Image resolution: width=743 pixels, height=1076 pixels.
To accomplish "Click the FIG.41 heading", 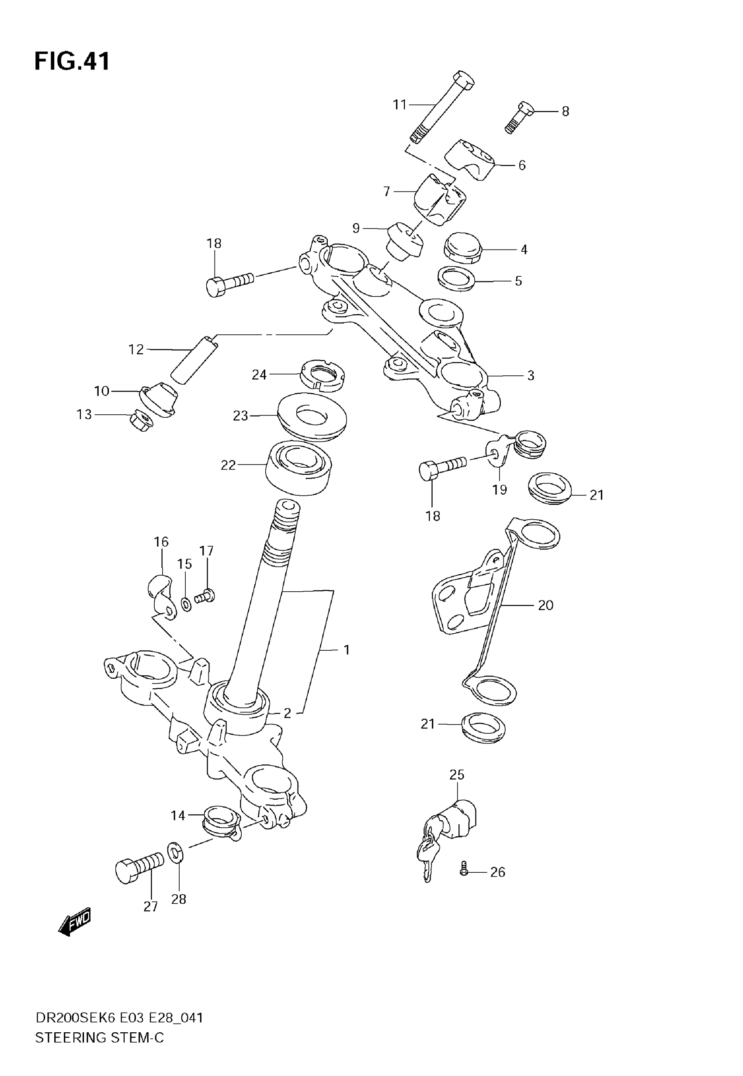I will click(x=72, y=62).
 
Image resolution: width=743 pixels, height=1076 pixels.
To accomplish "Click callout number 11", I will click(x=400, y=105).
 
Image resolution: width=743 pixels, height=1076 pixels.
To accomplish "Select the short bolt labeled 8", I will click(x=519, y=116).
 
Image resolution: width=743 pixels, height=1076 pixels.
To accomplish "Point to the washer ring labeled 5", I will click(x=457, y=278).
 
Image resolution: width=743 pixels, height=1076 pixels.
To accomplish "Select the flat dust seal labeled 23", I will click(x=312, y=416).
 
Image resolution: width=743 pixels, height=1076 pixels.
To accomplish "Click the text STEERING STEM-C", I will click(x=100, y=1038).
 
